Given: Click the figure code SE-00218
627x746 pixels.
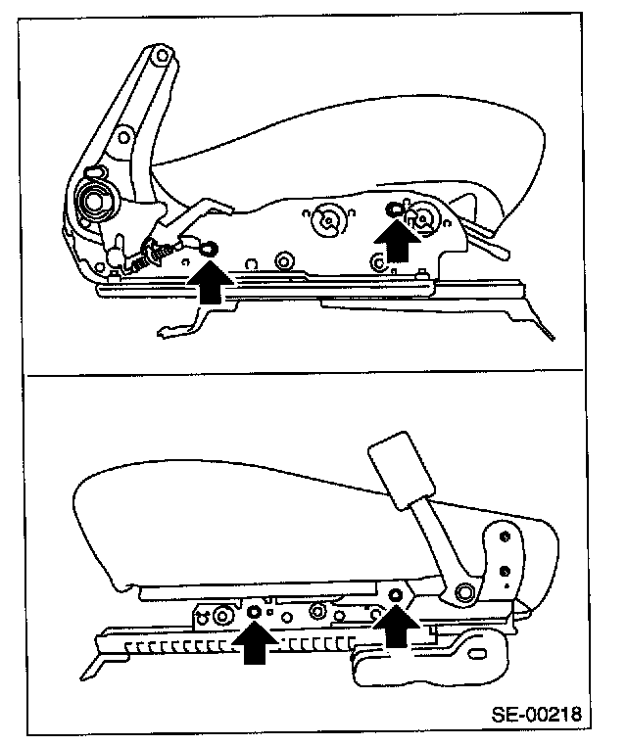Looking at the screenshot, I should click(x=538, y=714).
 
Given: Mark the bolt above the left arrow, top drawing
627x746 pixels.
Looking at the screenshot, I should click(x=208, y=249).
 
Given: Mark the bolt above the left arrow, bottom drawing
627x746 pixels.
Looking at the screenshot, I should click(x=254, y=612).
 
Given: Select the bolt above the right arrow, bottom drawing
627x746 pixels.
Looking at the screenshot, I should click(x=396, y=595).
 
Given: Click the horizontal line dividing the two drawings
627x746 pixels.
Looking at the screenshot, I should click(x=313, y=374).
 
